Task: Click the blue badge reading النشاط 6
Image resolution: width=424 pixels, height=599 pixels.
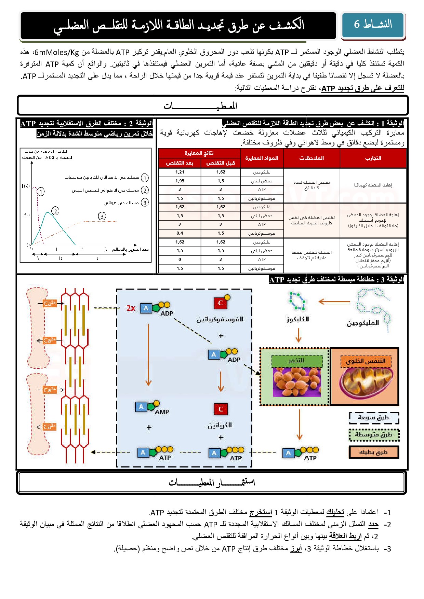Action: (x=373, y=25)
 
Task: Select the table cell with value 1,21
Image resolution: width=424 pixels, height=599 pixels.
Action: (x=180, y=172)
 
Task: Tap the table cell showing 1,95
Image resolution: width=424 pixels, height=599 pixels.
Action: (x=180, y=181)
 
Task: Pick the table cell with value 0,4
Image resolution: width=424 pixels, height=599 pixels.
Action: (x=180, y=233)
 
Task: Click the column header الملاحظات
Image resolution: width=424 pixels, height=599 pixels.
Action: (x=312, y=158)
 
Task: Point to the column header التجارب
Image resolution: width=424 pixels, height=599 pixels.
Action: (x=373, y=158)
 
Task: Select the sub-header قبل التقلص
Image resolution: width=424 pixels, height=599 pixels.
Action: (x=221, y=163)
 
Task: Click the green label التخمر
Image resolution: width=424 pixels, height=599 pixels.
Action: (x=297, y=361)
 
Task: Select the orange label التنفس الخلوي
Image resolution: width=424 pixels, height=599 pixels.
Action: (x=366, y=361)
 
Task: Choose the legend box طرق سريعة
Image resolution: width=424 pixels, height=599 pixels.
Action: (x=374, y=418)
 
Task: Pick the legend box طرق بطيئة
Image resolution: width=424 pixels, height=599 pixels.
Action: (x=374, y=452)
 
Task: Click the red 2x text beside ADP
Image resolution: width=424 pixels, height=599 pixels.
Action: (x=131, y=308)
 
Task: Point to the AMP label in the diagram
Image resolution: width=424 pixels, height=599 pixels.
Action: (x=162, y=412)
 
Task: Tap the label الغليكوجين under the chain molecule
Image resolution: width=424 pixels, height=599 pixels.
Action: (x=363, y=323)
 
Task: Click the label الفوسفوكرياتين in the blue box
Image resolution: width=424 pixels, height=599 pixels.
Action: (x=220, y=319)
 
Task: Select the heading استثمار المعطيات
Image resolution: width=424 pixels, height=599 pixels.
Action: (x=212, y=482)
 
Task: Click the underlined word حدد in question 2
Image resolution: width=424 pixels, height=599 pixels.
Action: (x=373, y=524)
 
